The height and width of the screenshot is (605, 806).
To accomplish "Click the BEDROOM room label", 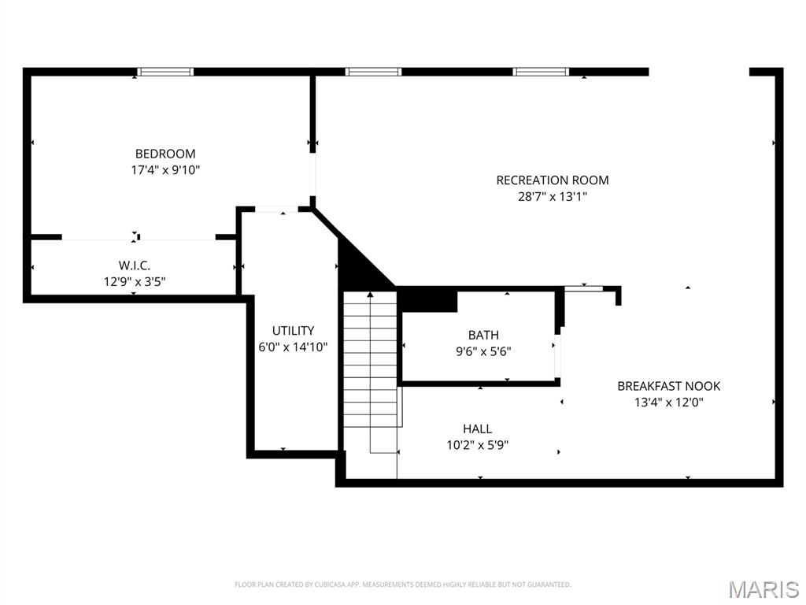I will [x=165, y=154].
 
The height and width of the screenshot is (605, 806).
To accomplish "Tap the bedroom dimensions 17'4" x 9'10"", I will [x=165, y=169].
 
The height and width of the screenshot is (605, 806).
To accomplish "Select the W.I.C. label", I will [x=133, y=266].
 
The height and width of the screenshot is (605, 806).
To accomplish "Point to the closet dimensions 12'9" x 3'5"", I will [x=133, y=281].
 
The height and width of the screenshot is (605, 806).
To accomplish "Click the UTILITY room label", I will [x=293, y=331].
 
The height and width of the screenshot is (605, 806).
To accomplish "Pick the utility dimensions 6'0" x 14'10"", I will [x=293, y=347].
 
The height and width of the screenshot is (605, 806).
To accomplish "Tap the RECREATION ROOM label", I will [x=552, y=180].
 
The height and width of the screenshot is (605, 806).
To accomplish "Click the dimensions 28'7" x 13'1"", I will [x=552, y=196].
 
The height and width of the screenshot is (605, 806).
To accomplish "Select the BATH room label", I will [x=483, y=336].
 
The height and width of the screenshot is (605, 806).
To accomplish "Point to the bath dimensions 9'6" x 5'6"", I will [x=483, y=351].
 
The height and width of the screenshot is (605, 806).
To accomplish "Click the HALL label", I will [x=477, y=429].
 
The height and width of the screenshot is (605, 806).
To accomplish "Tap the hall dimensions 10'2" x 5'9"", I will [x=477, y=445].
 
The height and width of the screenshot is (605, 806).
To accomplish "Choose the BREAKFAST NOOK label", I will [x=668, y=386].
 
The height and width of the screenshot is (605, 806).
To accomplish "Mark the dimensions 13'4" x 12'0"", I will [x=668, y=402].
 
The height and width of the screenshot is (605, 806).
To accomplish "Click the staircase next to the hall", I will [x=371, y=370].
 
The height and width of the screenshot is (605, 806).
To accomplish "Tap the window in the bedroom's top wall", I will [x=165, y=72].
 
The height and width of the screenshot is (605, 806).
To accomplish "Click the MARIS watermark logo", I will [x=763, y=589].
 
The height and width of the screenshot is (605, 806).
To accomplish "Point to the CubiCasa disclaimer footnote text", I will [x=402, y=585].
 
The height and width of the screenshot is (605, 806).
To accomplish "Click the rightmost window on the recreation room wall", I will [x=540, y=72].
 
